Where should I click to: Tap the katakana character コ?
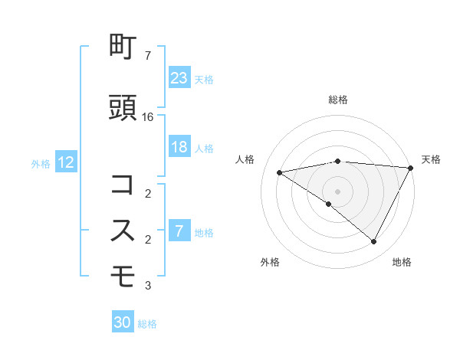tap(123, 185)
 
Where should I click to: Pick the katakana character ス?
tap(123, 230)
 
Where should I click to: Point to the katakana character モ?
tap(123, 273)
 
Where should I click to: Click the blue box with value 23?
tap(179, 77)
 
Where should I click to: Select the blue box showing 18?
tap(179, 148)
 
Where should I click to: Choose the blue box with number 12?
tap(65, 162)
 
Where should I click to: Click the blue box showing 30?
tap(123, 323)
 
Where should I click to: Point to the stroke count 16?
tap(148, 117)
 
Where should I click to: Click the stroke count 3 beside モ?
tap(148, 286)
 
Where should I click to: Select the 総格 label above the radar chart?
tap(337, 100)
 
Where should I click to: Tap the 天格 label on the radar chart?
tap(431, 159)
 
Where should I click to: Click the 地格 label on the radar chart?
tap(402, 263)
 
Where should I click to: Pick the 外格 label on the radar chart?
tap(270, 263)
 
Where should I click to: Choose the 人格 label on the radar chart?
tap(245, 159)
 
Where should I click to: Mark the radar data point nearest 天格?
tap(412, 168)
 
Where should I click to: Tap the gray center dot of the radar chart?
tap(337, 191)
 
